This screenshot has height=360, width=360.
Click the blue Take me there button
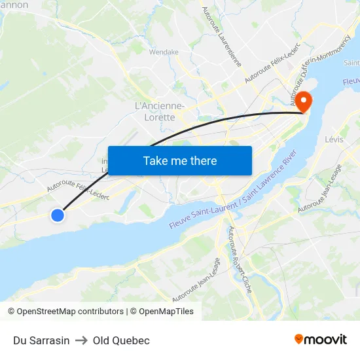(180, 160)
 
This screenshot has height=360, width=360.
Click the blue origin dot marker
(58, 215)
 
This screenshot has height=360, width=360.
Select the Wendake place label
(164, 52)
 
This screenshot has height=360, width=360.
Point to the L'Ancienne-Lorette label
(159, 111)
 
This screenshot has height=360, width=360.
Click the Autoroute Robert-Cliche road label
(239, 259)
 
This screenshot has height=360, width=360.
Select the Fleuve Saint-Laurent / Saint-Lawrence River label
(234, 190)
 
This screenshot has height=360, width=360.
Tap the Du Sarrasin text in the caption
(41, 340)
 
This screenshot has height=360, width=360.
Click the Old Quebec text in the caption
(121, 340)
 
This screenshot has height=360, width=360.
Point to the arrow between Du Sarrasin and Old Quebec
(81, 340)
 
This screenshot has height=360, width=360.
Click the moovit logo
(321, 339)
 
